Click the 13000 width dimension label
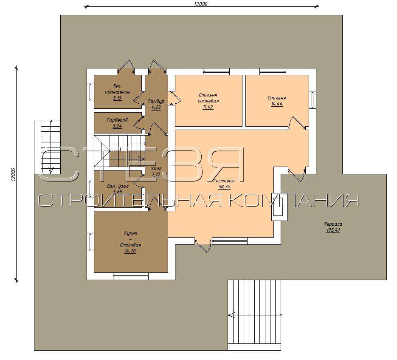(x=201, y=4)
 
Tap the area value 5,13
(x=118, y=98)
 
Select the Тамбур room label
(x=156, y=101)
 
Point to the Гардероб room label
(x=117, y=120)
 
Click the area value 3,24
(x=118, y=126)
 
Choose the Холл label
(x=156, y=168)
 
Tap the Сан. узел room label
(x=118, y=186)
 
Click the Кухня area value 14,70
(x=130, y=251)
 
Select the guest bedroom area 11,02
(x=208, y=107)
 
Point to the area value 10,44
(x=277, y=104)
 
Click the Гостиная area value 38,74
(x=224, y=187)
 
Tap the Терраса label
(x=333, y=224)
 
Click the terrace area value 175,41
(x=333, y=230)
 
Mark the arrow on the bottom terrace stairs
(x=255, y=315)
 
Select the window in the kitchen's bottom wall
(x=131, y=276)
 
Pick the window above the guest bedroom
(x=216, y=71)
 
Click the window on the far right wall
(x=313, y=99)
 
